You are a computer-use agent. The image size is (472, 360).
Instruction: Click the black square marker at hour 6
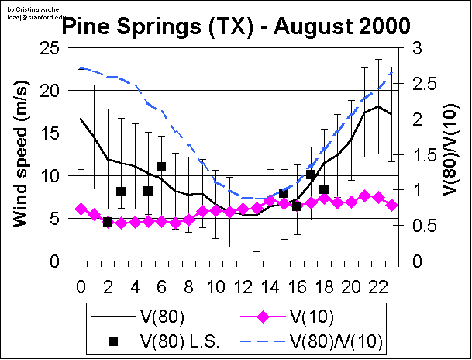pos(161,167)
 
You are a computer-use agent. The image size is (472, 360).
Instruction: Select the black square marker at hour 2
pos(108,222)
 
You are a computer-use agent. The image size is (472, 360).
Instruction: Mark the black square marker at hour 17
pos(311,175)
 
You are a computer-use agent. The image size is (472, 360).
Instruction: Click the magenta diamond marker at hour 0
pos(81,209)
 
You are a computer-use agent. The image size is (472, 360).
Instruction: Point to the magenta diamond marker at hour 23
pos(391,205)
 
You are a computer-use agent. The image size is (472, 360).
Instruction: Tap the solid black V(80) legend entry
pos(167,316)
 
